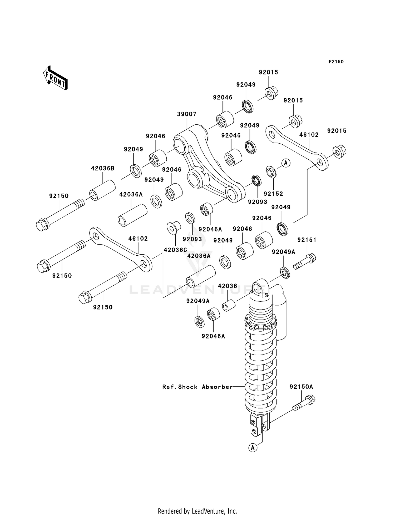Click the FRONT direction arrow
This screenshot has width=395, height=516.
point(56,78)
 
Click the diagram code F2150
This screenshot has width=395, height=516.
point(336,62)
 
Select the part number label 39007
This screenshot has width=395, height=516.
point(186,114)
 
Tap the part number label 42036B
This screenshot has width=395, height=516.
point(103,168)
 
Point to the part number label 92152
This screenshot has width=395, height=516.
point(273,194)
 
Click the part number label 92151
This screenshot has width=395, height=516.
point(307,240)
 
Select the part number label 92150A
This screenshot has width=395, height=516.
point(301,387)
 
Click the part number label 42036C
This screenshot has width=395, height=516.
point(175,250)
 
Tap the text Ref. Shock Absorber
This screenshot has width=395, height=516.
point(197,387)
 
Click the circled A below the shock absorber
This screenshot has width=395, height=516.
point(253,447)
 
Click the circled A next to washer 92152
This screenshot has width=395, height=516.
point(286,163)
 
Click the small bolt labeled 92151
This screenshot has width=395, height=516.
point(305,262)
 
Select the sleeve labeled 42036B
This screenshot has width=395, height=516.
point(103,190)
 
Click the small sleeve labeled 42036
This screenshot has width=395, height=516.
point(229,305)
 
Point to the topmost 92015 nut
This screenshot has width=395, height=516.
point(271,93)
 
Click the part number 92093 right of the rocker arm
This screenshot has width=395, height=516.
point(257,202)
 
